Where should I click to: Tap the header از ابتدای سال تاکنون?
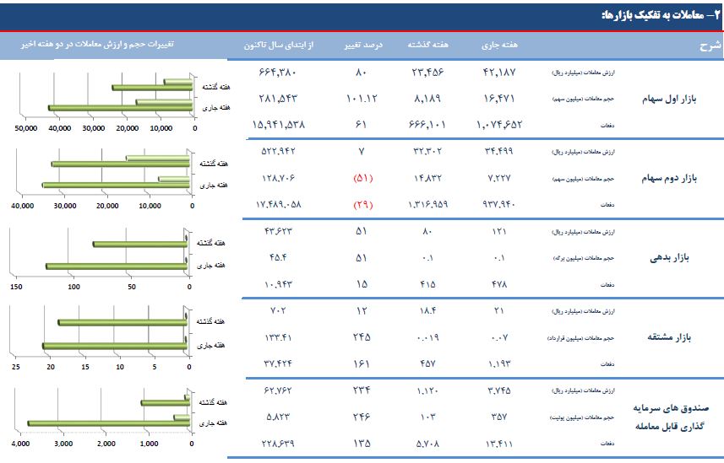278,46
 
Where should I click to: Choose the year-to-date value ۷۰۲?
278,311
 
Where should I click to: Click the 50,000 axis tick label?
27,129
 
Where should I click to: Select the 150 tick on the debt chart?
16,288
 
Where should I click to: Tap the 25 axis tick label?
16,367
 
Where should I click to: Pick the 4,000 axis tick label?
22,444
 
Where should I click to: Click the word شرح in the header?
710,46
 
